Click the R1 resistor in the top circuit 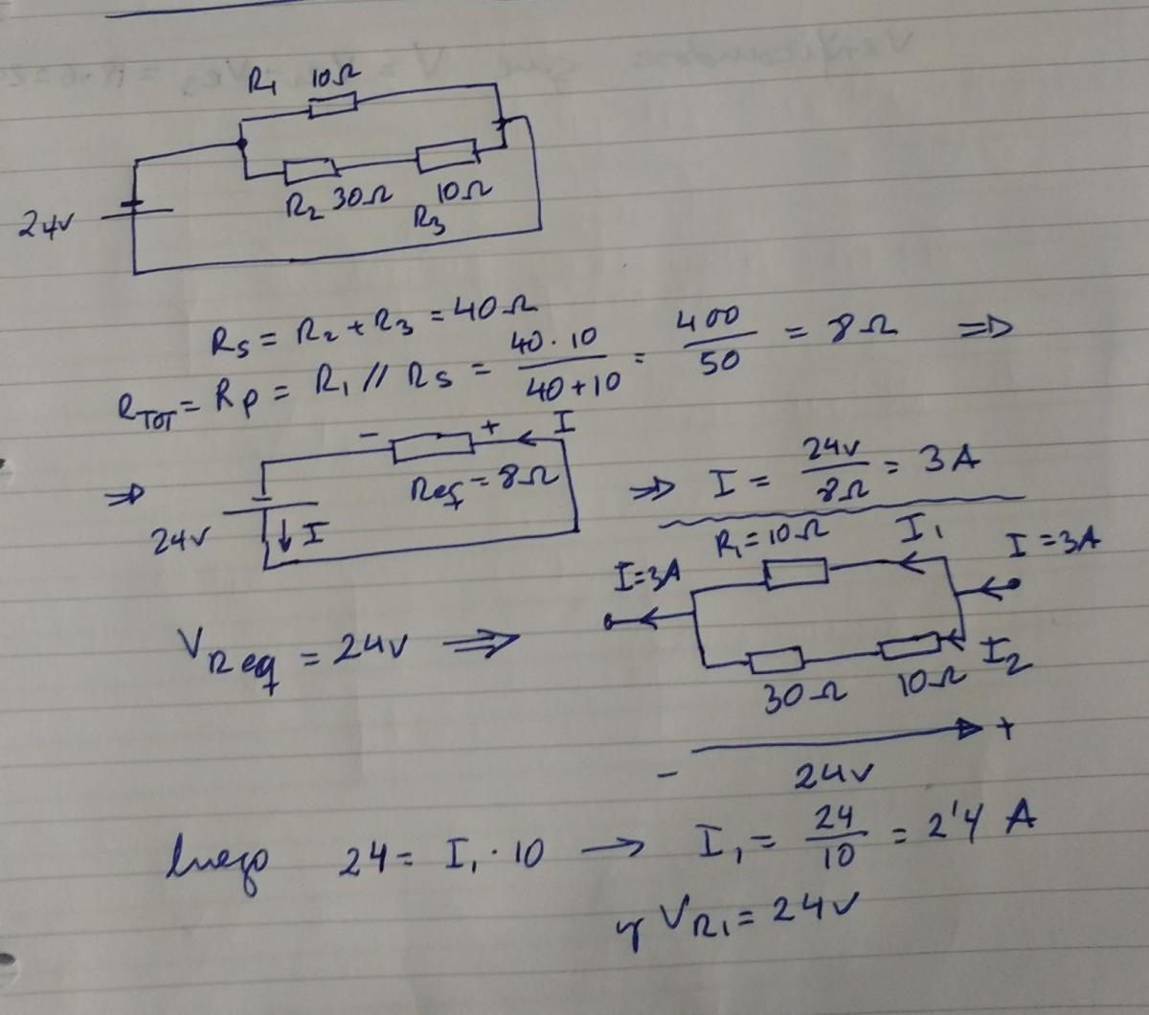333,106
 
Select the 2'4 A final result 979,823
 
